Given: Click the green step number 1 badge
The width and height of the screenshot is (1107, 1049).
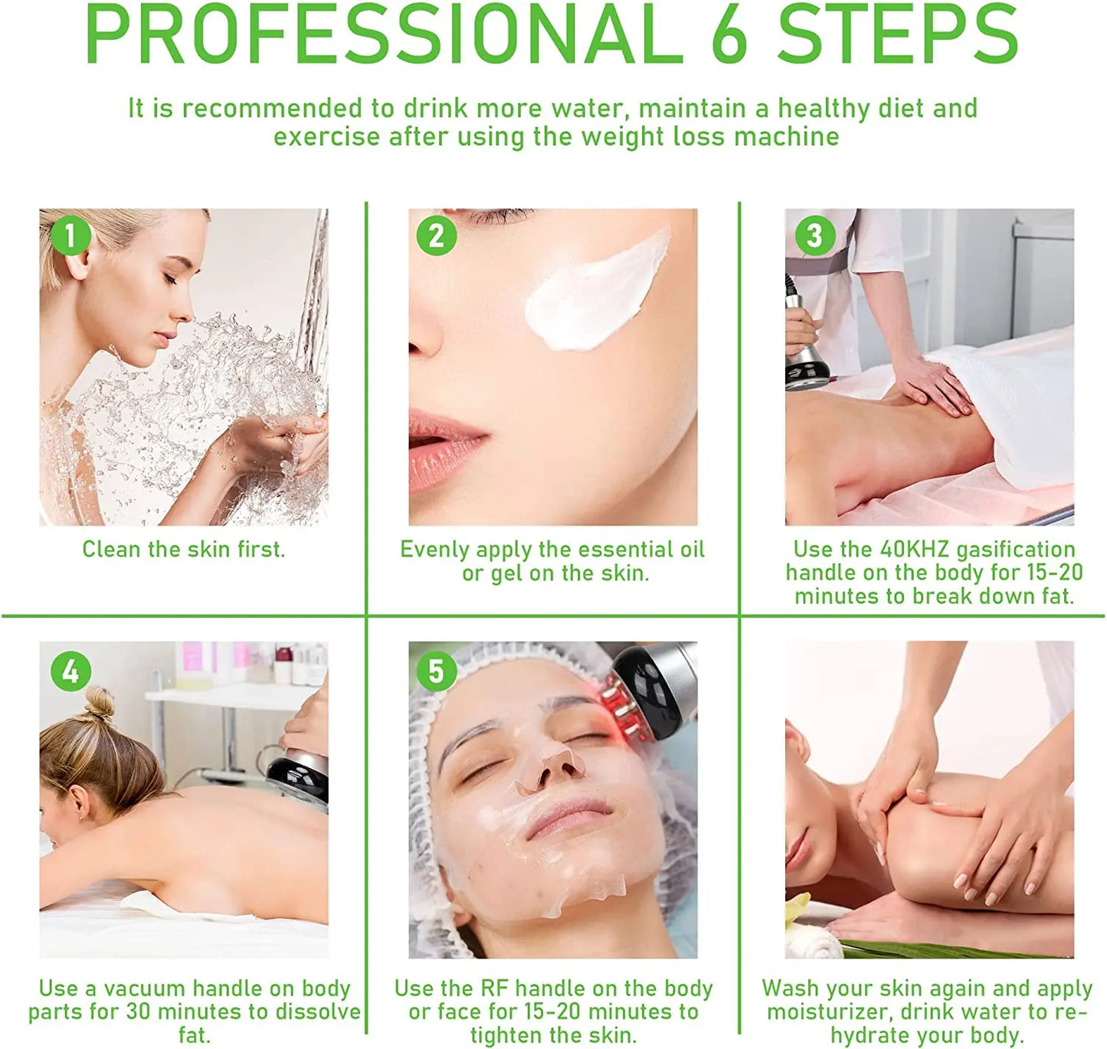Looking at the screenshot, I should (70, 235).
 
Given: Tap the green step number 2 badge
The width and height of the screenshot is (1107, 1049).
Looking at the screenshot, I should (437, 235).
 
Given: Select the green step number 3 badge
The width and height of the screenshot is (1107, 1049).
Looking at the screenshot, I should (814, 235).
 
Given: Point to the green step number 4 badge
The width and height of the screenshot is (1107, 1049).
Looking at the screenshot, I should (70, 671).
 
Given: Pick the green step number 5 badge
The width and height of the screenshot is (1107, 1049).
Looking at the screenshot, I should (437, 671).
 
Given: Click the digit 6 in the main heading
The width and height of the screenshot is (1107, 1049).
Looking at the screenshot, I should (729, 34).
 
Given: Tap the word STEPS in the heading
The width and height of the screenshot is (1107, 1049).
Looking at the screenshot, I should (897, 34).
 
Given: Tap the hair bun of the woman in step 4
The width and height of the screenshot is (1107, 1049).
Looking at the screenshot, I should (97, 703).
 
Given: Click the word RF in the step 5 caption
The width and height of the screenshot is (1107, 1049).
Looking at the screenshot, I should (494, 988).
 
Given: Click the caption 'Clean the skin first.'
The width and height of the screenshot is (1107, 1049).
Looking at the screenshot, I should (183, 549).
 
